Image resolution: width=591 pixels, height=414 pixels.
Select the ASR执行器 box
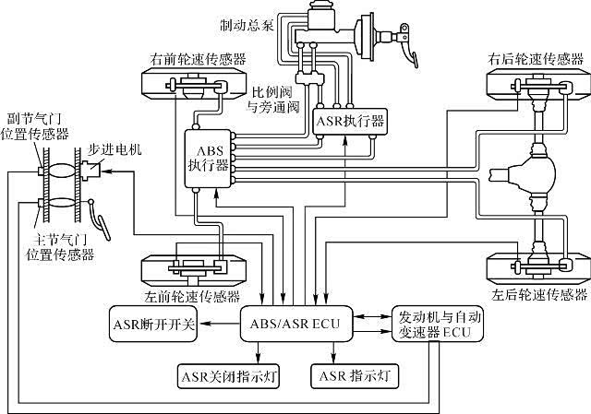[x=350, y=121]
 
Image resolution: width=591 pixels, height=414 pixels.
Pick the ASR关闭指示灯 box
[x=228, y=375]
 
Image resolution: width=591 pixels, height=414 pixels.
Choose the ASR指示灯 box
[x=357, y=375]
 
